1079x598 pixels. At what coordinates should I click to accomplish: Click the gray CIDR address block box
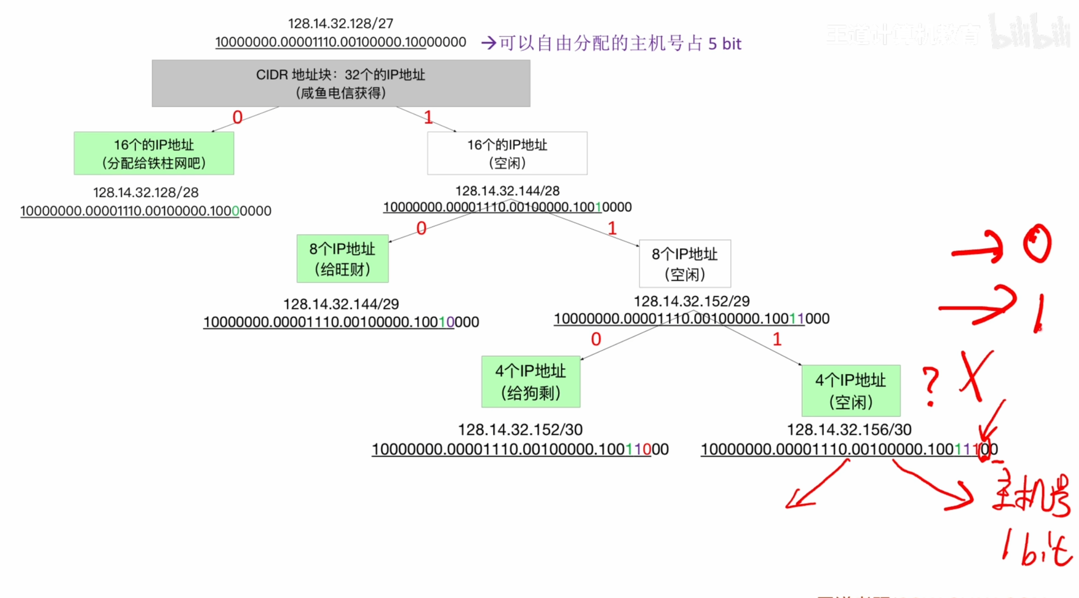coord(341,83)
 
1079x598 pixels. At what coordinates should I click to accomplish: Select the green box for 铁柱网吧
coord(154,153)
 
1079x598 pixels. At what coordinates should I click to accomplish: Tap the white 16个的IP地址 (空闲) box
coord(507,153)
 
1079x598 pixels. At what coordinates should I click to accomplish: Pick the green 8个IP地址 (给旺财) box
coord(342,258)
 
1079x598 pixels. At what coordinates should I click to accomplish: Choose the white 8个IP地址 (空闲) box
coord(685,264)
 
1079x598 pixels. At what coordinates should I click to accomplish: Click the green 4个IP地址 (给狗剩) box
coord(531,382)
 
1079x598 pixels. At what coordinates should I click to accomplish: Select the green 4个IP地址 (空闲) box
coord(851,390)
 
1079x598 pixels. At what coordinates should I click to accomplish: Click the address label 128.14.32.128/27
coord(340,23)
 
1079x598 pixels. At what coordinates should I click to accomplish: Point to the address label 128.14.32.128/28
coord(146,192)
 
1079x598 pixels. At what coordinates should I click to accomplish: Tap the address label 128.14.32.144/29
coord(341,304)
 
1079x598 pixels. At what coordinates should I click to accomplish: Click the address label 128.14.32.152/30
coord(520,430)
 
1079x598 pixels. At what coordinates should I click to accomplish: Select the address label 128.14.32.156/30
coord(849,430)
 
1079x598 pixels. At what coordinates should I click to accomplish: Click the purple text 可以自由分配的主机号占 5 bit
coord(620,44)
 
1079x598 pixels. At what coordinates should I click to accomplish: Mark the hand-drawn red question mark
coord(930,386)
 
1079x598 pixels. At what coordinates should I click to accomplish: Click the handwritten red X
coord(976,375)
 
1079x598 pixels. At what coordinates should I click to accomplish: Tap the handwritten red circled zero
coord(1037,243)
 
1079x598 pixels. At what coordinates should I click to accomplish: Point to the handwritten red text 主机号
coord(1031,496)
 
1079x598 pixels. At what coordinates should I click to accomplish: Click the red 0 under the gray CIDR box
coord(237,117)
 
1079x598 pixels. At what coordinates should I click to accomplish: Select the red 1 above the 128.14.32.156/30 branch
coord(777,340)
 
